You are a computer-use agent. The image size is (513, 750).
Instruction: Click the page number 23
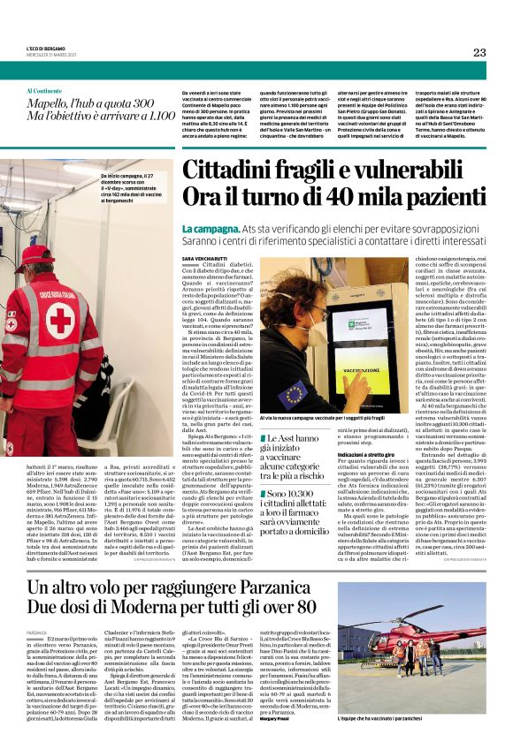[479, 52]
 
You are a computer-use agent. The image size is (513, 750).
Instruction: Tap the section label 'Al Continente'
[44, 91]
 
